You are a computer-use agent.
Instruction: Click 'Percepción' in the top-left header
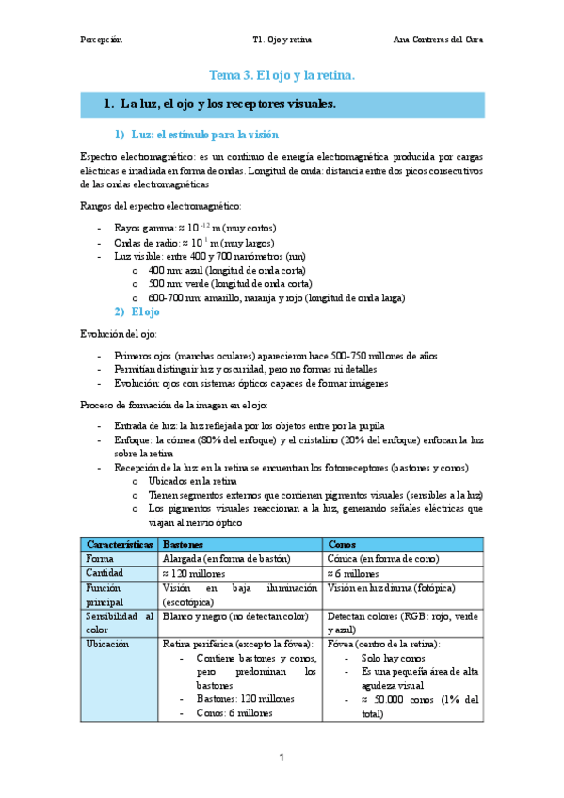click(102, 40)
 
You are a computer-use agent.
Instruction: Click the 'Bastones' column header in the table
click(183, 545)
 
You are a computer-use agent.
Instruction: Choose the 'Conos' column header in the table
click(342, 545)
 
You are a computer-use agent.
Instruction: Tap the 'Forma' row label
click(100, 559)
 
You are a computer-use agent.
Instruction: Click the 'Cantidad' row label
click(105, 573)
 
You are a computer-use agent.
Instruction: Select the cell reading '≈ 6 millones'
click(355, 573)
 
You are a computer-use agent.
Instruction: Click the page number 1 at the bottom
click(282, 758)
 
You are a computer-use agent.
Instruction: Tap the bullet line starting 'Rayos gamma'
click(194, 228)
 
